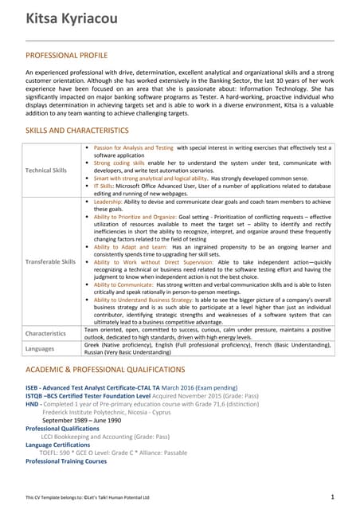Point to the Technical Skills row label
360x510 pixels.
(47, 170)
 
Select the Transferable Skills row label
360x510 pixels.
(50, 261)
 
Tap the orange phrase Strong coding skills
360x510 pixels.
(119, 163)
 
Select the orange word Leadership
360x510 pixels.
(110, 202)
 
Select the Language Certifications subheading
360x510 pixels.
(58, 445)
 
